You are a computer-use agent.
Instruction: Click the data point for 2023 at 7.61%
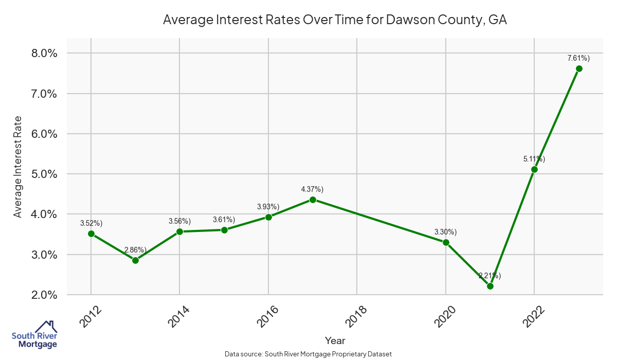579,68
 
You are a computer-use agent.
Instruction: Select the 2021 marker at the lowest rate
490,286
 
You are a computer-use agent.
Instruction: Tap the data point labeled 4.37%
313,200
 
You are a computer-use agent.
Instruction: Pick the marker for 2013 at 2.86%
135,260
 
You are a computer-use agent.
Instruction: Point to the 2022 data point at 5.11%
534,169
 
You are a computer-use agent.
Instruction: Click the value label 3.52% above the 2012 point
92,223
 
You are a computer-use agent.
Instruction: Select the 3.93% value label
268,207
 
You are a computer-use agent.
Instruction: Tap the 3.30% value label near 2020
446,232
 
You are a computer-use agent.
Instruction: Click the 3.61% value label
224,220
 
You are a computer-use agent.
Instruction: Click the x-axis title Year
335,340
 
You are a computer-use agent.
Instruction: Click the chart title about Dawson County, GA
335,20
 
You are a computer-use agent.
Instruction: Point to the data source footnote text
308,354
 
